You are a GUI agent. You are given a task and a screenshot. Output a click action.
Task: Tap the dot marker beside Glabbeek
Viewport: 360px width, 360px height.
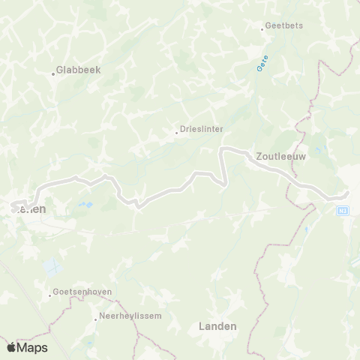pyautogui.click(x=54, y=73)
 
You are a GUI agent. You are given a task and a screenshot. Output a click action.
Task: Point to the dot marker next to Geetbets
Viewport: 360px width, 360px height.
pyautogui.click(x=262, y=29)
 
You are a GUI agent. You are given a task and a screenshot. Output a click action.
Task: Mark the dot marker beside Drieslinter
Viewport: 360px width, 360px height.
pyautogui.click(x=177, y=133)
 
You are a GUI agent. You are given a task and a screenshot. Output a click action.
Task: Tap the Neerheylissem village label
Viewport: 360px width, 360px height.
pyautogui.click(x=130, y=316)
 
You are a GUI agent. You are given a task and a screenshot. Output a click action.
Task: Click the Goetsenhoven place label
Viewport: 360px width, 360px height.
pyautogui.click(x=79, y=291)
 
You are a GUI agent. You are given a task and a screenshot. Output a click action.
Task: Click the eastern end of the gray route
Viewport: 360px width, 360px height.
pyautogui.click(x=347, y=194)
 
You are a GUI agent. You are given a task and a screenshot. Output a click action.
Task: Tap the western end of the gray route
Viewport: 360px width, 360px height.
pyautogui.click(x=16, y=202)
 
